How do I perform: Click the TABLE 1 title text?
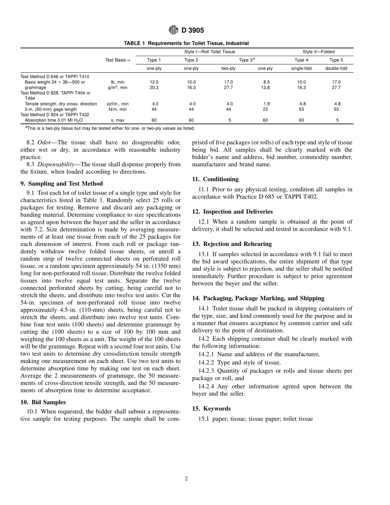[x=186, y=43]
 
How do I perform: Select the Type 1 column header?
[x=154, y=60]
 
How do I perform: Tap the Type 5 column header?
[x=336, y=60]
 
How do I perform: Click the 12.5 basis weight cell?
[x=154, y=82]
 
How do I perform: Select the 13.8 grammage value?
[x=266, y=87]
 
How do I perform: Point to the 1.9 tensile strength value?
[x=266, y=104]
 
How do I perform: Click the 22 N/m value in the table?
[x=266, y=109]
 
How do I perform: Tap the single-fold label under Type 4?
[x=301, y=68]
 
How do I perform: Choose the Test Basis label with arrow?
[x=117, y=60]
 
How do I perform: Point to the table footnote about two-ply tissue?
[x=107, y=128]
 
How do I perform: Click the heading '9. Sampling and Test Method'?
[x=62, y=184]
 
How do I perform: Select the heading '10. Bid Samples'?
[x=43, y=402]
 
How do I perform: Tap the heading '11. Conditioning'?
[x=215, y=179]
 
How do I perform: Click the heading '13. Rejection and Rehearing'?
[x=232, y=244]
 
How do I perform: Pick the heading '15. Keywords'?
[x=211, y=409]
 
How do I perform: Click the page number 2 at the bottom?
[x=186, y=478]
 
